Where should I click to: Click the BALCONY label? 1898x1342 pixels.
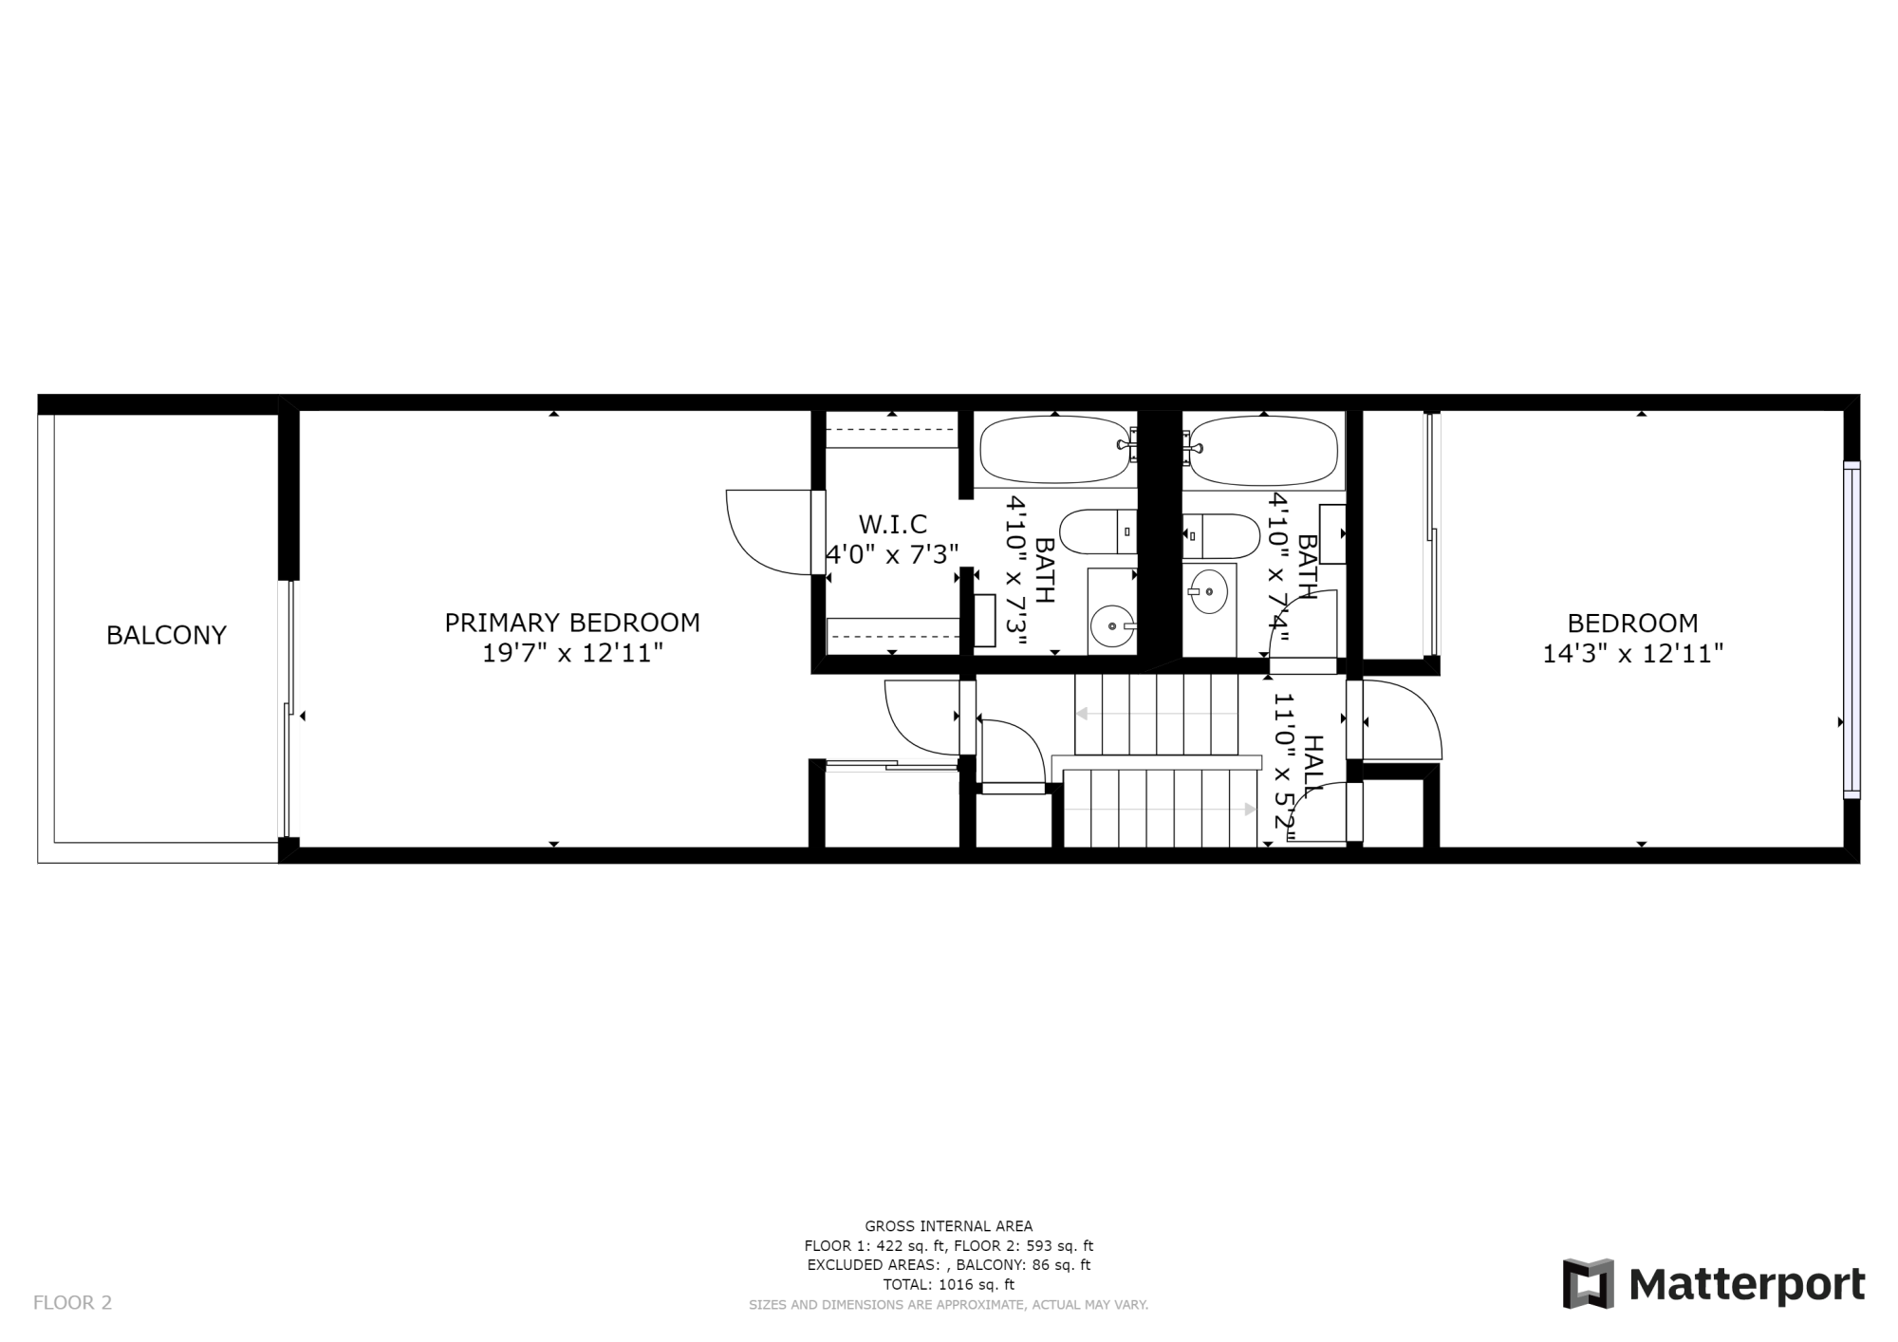point(166,635)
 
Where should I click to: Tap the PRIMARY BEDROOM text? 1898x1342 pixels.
point(572,623)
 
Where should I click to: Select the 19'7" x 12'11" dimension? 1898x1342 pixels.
point(572,653)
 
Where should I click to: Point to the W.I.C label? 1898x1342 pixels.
point(892,524)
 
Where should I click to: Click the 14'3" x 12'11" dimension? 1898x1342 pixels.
point(1632,653)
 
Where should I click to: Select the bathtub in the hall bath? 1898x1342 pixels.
point(1264,450)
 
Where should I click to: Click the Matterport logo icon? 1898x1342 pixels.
point(1589,1284)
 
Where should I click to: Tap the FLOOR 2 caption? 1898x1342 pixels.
point(72,1303)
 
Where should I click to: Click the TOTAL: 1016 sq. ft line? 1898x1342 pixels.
point(948,1285)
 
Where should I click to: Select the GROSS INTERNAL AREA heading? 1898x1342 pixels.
point(948,1226)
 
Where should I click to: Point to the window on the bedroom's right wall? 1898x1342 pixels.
point(1851,628)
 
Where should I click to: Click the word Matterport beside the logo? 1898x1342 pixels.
point(1747,1285)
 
